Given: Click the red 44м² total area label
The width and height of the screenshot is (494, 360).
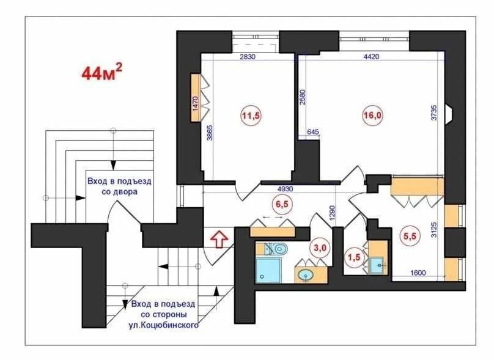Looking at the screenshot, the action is [x=101, y=72].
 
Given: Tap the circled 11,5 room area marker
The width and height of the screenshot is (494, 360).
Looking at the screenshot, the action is [x=251, y=116].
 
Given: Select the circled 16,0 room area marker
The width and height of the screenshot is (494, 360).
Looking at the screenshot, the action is [x=372, y=116].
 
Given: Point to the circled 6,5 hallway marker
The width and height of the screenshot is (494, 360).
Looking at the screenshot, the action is [x=282, y=204].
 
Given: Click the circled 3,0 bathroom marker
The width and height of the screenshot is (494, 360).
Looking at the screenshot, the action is [x=320, y=248].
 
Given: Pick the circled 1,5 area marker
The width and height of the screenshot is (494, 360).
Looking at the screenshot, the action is [x=354, y=257].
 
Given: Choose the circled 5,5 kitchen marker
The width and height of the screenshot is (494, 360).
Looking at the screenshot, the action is [x=410, y=236].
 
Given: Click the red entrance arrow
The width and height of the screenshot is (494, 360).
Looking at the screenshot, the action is [x=219, y=240].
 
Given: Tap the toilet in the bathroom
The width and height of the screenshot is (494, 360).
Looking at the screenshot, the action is [x=276, y=249].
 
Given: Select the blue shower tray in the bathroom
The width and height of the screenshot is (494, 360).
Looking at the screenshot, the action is [x=268, y=270].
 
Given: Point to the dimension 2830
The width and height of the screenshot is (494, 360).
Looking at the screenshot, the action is [x=248, y=57].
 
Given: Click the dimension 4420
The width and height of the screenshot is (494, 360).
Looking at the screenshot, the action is [x=371, y=57].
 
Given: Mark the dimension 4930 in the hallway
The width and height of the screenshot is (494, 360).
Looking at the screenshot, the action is [x=285, y=189].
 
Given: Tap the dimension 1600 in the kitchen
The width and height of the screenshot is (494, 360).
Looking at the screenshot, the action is [x=418, y=273].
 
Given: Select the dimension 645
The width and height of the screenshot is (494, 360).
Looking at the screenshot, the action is [x=313, y=131].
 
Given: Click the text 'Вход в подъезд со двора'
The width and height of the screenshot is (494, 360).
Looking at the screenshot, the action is [x=119, y=186].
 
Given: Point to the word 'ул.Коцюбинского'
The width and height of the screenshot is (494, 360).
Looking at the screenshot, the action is [x=163, y=325].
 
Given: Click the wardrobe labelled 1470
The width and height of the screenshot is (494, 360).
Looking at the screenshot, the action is [x=195, y=98].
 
